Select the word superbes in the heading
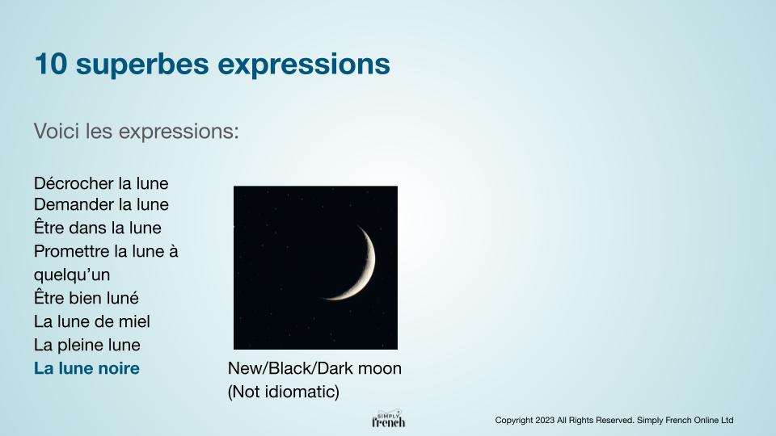[142, 65]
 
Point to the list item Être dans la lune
[98, 228]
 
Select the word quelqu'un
[72, 275]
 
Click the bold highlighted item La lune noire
[86, 368]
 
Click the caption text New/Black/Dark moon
[314, 368]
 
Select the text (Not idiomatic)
[284, 392]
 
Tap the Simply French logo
[389, 419]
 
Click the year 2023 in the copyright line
[544, 420]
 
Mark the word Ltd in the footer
[727, 420]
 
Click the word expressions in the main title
[304, 65]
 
